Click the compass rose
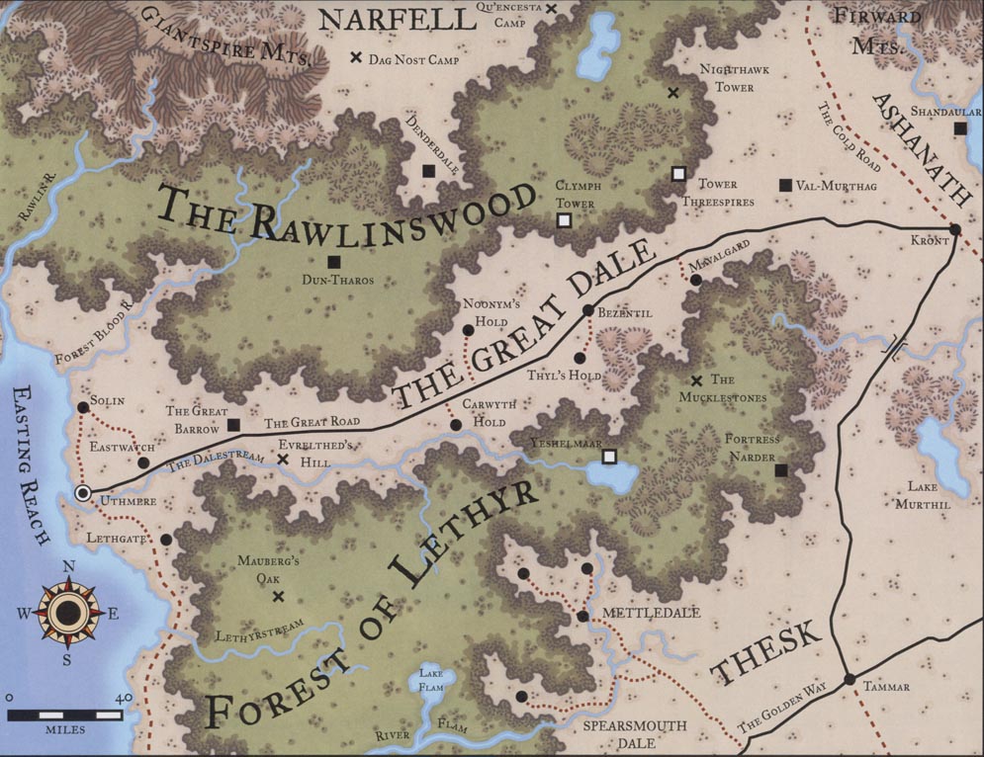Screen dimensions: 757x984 pos(67,613)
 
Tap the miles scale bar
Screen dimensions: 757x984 pos(66,713)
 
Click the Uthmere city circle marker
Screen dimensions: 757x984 pos(83,491)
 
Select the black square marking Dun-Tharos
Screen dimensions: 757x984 pos(334,261)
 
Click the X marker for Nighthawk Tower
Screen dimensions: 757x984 pos(672,93)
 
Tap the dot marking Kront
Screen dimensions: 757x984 pos(955,230)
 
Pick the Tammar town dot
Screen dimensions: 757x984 pos(849,679)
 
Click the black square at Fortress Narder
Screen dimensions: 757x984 pos(780,471)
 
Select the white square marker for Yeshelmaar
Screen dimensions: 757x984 pos(610,456)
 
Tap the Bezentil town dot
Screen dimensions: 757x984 pos(587,310)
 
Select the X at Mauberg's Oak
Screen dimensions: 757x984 pos(278,596)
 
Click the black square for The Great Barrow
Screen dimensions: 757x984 pos(233,425)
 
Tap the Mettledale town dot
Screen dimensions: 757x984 pos(582,617)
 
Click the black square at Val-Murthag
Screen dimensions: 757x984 pos(785,185)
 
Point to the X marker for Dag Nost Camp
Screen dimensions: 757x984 pos(355,58)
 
